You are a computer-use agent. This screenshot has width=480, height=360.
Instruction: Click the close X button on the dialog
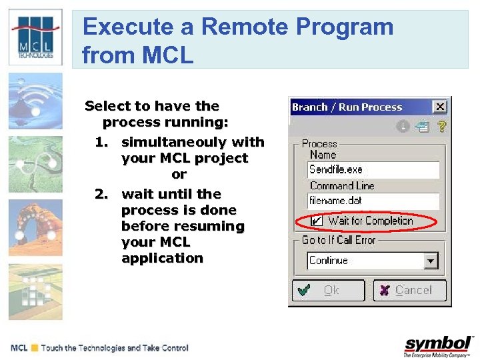click(x=439, y=107)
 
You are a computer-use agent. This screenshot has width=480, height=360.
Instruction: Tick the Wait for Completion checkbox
click(x=317, y=221)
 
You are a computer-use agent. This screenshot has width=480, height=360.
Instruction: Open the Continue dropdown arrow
click(x=431, y=261)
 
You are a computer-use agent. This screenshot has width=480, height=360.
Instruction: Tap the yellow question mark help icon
click(x=441, y=125)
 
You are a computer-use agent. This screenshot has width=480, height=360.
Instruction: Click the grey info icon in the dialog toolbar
click(x=403, y=125)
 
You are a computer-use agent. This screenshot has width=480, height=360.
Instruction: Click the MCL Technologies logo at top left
click(x=35, y=37)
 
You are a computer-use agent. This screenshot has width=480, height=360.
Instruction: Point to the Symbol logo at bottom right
click(x=439, y=345)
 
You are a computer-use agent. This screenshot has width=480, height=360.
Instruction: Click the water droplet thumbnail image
click(x=35, y=101)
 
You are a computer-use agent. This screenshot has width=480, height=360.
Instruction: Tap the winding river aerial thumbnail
click(x=35, y=164)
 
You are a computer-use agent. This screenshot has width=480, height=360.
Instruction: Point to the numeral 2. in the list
click(x=101, y=194)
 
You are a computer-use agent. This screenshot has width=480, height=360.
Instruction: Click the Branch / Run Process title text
click(x=347, y=107)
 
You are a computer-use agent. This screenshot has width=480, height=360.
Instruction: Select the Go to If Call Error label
click(x=339, y=240)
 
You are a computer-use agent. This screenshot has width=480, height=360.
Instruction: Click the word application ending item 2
click(x=162, y=258)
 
